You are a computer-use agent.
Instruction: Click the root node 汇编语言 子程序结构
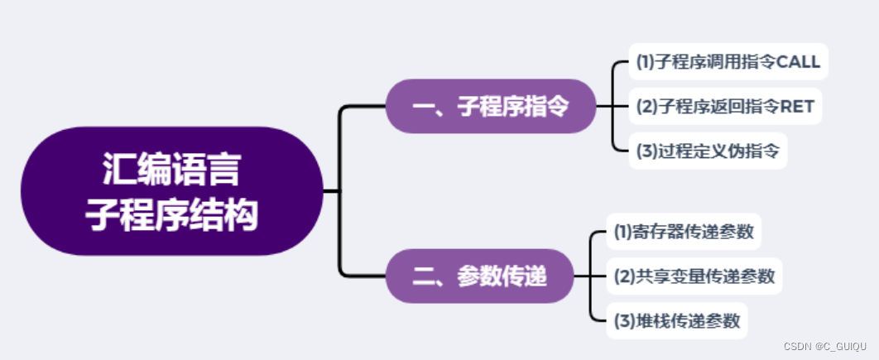tap(171, 191)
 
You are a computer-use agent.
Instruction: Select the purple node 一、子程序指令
tap(491, 107)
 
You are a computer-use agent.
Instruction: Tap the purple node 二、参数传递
tap(479, 276)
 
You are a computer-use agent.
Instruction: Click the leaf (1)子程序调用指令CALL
tap(728, 61)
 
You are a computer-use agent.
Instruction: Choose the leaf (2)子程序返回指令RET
tap(725, 107)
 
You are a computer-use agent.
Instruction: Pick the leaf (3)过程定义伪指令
tap(707, 151)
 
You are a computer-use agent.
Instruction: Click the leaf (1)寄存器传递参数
tap(683, 232)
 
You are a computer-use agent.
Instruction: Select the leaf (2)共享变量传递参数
tap(694, 276)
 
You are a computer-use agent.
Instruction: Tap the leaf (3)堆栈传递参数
tap(676, 320)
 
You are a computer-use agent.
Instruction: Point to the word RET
tap(798, 107)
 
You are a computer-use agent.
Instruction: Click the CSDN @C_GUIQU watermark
tap(824, 346)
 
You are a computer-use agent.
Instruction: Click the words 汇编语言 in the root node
tap(171, 170)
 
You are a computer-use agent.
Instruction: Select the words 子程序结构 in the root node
tap(171, 214)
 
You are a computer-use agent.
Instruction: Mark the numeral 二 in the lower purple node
tap(423, 276)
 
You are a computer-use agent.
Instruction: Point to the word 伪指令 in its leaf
tap(752, 151)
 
